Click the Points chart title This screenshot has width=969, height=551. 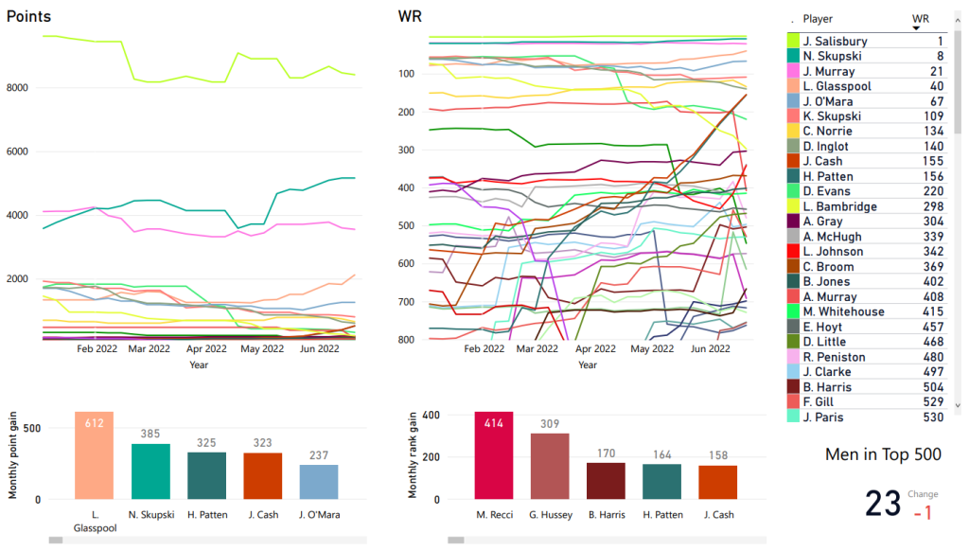click(x=29, y=17)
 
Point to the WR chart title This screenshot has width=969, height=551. click(x=410, y=17)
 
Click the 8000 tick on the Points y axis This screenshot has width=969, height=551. click(x=23, y=88)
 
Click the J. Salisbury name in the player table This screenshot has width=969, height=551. click(x=835, y=42)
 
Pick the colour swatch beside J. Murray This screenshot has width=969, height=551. click(x=793, y=72)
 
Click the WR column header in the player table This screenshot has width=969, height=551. click(x=920, y=19)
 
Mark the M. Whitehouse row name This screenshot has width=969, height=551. click(x=843, y=311)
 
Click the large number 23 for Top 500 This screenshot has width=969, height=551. click(x=883, y=504)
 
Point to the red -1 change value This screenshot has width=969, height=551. click(x=922, y=512)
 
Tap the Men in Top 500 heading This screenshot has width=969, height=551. click(x=883, y=454)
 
